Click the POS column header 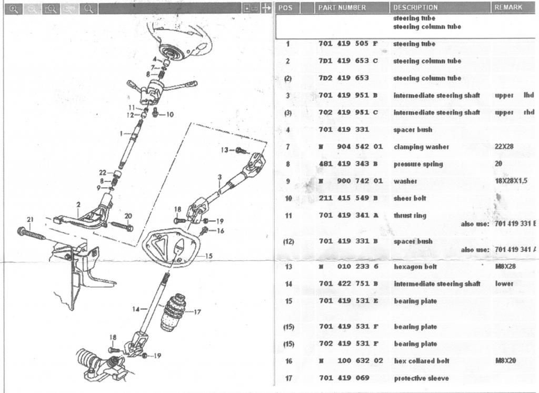[x=285, y=7]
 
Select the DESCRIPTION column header [x=415, y=7]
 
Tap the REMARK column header [x=508, y=7]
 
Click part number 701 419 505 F [x=348, y=44]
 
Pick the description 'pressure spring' [x=418, y=164]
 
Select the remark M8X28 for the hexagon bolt [x=505, y=267]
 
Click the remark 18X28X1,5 [x=511, y=181]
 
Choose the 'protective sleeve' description [x=421, y=378]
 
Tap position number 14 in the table [x=288, y=284]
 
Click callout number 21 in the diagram [x=30, y=219]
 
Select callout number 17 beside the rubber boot [x=197, y=312]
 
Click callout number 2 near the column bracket [x=78, y=204]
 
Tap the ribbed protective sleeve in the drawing [x=174, y=315]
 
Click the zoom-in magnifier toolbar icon [x=14, y=8]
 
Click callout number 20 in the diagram [x=128, y=216]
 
